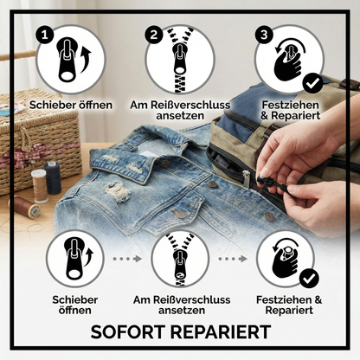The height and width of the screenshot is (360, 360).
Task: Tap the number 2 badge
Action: tap(155, 35)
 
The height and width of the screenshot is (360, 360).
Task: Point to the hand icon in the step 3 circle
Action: tap(288, 59)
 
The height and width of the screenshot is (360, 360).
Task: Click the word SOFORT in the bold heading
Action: tap(132, 332)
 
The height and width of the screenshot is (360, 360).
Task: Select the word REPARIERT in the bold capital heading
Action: tap(225, 332)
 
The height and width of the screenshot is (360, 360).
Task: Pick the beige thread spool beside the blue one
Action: tap(39, 183)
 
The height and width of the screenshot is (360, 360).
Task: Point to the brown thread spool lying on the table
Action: tap(26, 208)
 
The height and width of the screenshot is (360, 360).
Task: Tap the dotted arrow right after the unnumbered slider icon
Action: tap(126, 258)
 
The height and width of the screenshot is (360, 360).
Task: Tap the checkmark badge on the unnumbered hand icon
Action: tap(309, 279)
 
